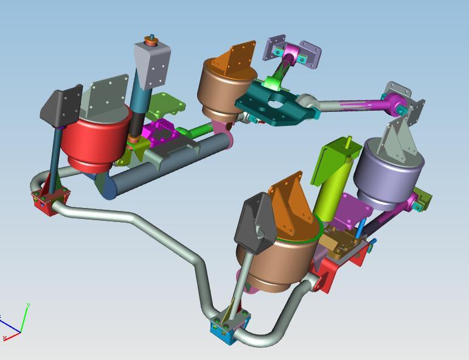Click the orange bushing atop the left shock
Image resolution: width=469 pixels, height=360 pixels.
coord(150,43)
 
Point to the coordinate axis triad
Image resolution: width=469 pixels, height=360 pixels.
coord(14,322)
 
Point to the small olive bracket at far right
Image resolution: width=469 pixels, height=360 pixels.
coord(423,198)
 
